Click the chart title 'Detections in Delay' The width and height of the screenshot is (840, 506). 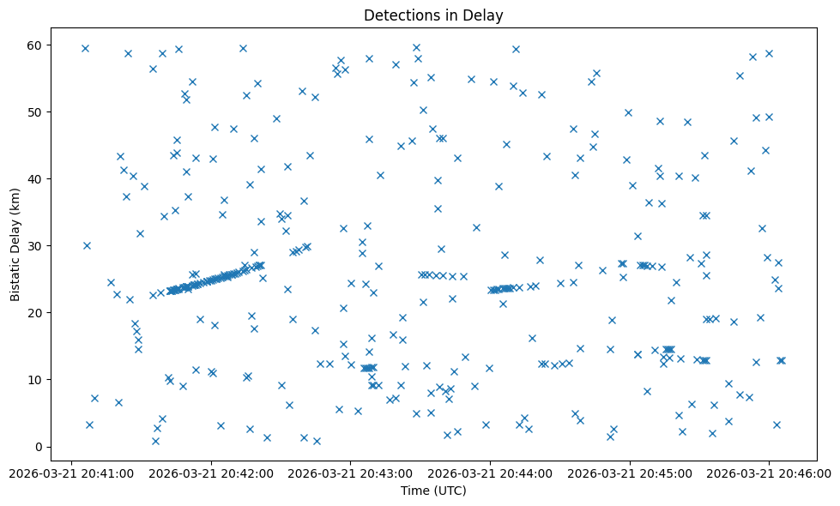pyautogui.click(x=432, y=15)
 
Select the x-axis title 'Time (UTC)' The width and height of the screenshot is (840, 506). pyautogui.click(x=432, y=491)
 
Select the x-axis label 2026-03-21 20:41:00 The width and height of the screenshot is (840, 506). pyautogui.click(x=72, y=472)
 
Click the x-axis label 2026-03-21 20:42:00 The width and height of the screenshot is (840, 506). pyautogui.click(x=211, y=472)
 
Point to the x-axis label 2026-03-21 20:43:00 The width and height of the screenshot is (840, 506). pyautogui.click(x=351, y=472)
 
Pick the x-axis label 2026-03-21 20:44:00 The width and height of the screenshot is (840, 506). pyautogui.click(x=491, y=472)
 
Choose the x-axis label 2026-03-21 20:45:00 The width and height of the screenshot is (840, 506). pyautogui.click(x=630, y=472)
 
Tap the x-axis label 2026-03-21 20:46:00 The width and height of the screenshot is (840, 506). pyautogui.click(x=770, y=472)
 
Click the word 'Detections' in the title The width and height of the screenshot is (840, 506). pyautogui.click(x=400, y=15)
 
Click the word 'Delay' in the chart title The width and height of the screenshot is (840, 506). pyautogui.click(x=485, y=15)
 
